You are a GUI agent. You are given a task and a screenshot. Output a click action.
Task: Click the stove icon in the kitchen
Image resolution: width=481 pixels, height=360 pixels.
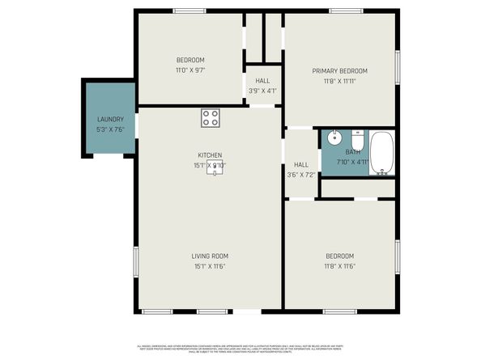pos(211,118)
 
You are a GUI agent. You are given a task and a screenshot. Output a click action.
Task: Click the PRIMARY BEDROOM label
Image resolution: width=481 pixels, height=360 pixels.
pos(340,70)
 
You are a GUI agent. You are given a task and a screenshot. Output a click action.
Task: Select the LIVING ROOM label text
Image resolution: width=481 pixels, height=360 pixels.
pos(209,256)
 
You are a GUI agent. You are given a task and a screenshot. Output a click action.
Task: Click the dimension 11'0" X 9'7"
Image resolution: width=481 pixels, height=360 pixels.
pos(190,70)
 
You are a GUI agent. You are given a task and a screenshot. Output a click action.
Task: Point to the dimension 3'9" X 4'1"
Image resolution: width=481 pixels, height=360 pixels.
pos(263,91)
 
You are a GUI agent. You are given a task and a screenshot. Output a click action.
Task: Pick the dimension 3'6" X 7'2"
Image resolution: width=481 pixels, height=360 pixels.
pos(301,175)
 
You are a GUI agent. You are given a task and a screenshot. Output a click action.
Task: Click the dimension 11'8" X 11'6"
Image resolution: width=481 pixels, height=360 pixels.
pos(340,266)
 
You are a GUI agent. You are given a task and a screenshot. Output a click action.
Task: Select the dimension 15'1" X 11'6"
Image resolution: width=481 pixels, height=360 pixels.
pos(209,266)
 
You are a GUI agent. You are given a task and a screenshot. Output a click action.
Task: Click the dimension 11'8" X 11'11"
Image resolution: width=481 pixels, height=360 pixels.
pos(340,81)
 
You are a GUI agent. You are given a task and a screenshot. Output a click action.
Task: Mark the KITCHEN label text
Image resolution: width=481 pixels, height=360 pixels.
pos(210,155)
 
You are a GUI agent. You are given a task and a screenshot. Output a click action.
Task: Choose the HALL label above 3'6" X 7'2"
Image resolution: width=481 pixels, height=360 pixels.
pos(301,164)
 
